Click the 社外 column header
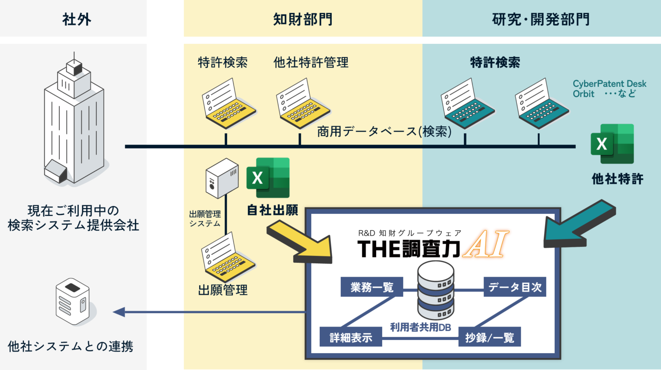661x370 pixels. click(77, 19)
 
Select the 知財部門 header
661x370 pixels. click(303, 19)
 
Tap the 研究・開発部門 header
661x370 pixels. click(541, 19)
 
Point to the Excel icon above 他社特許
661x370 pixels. click(612, 144)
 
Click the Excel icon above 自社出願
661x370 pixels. click(268, 178)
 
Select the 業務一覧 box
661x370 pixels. click(372, 287)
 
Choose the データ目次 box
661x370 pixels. click(515, 287)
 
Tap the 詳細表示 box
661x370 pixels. click(351, 337)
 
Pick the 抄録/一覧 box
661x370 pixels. click(490, 337)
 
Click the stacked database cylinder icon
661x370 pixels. click(436, 290)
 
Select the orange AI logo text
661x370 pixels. click(485, 244)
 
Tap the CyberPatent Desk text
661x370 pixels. click(609, 84)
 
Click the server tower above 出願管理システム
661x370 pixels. click(222, 178)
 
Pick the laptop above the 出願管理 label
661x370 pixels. click(228, 257)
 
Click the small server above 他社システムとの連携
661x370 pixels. click(73, 301)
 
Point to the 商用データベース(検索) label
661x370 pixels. click(384, 131)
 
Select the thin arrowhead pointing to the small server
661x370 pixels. click(119, 312)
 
